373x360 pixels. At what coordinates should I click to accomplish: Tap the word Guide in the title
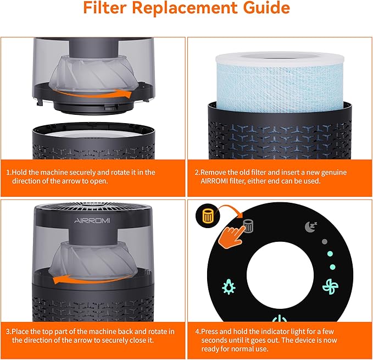(261, 9)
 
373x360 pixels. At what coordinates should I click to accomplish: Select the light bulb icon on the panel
(229, 286)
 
